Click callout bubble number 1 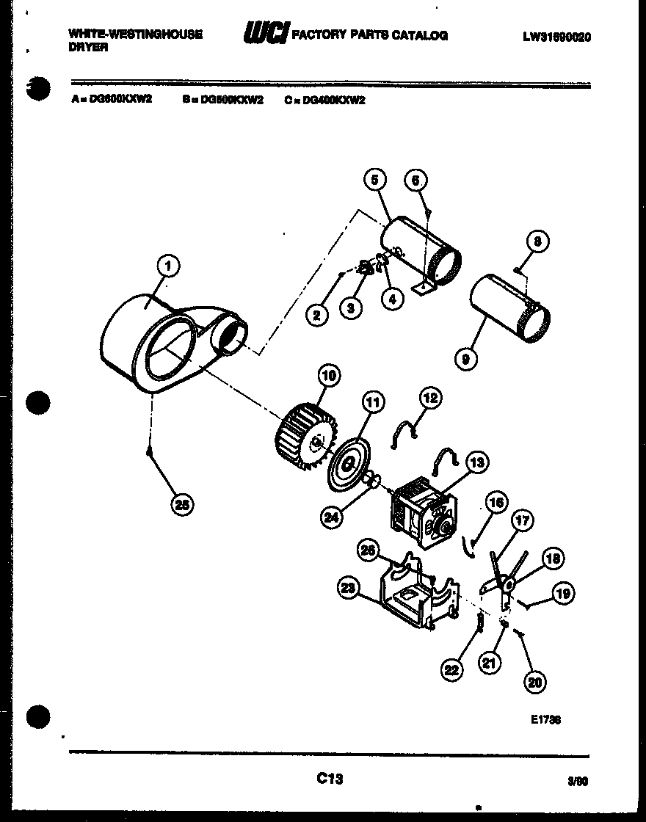[168, 266]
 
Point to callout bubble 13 [476, 462]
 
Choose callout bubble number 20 [535, 682]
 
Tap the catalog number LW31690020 [557, 37]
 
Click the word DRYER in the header [88, 46]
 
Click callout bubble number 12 [430, 398]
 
